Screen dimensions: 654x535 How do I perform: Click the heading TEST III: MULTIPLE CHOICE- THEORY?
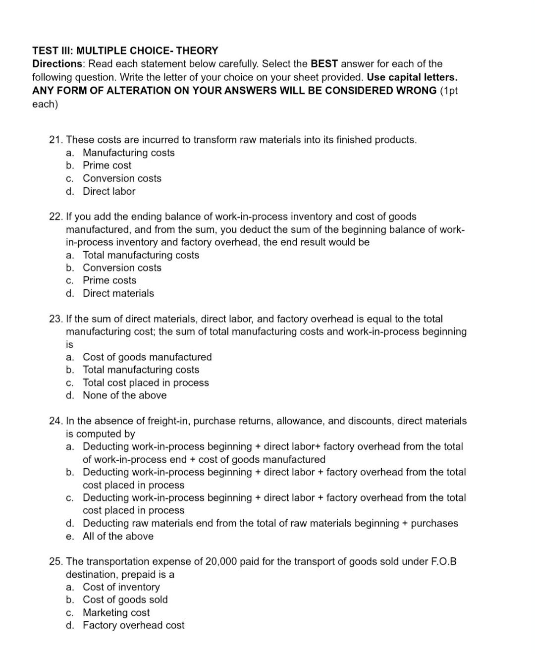(x=125, y=51)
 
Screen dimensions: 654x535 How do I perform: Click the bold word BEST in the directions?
(x=324, y=64)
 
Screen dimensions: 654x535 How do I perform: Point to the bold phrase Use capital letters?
(x=412, y=77)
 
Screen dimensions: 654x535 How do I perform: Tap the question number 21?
(x=56, y=140)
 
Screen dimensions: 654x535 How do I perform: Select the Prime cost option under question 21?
(x=107, y=165)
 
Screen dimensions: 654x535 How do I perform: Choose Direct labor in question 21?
(x=109, y=191)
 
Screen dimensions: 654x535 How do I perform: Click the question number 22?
(x=56, y=217)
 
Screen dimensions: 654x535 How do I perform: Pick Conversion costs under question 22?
(x=122, y=268)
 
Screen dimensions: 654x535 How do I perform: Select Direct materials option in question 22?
(x=118, y=293)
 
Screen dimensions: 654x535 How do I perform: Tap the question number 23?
(x=56, y=319)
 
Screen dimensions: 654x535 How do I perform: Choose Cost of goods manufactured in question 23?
(x=147, y=357)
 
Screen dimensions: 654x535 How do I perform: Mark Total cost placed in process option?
(x=146, y=382)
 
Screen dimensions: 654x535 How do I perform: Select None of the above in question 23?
(x=124, y=395)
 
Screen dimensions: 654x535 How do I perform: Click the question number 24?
(x=56, y=421)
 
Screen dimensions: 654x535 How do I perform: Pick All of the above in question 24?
(x=118, y=536)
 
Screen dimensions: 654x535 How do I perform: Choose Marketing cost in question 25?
(x=116, y=612)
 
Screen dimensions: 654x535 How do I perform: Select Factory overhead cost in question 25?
(x=133, y=625)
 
